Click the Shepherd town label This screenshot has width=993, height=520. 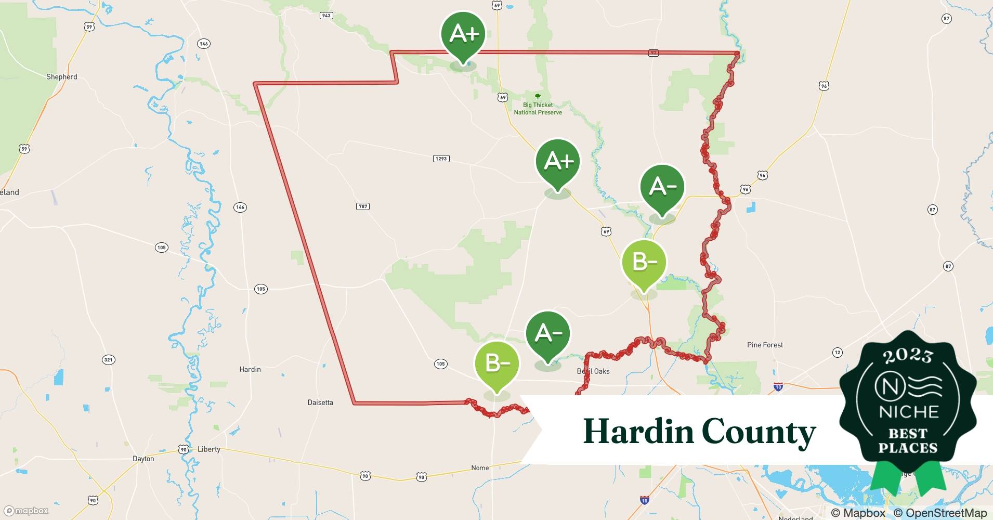point(61,77)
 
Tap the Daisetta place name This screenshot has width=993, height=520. point(320,402)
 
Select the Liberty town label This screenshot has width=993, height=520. point(209,449)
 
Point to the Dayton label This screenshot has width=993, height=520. point(143,459)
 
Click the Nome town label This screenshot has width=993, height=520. point(480,468)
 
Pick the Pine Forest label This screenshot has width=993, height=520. point(765,345)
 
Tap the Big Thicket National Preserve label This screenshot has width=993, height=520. point(538,109)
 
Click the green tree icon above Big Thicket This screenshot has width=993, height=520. point(538,97)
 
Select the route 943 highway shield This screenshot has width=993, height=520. point(326,16)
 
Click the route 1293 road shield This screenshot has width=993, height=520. point(441,159)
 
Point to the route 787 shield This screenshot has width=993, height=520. point(363,206)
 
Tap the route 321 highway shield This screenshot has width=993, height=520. point(108,360)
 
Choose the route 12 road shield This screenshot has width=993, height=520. point(837,353)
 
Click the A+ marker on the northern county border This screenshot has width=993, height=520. point(463,35)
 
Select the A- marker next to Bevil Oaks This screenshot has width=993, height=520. point(548,334)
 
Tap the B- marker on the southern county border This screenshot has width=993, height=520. point(497,363)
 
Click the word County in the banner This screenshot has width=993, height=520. point(759,432)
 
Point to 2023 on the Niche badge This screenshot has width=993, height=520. point(907,355)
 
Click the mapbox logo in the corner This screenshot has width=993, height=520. point(27,511)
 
